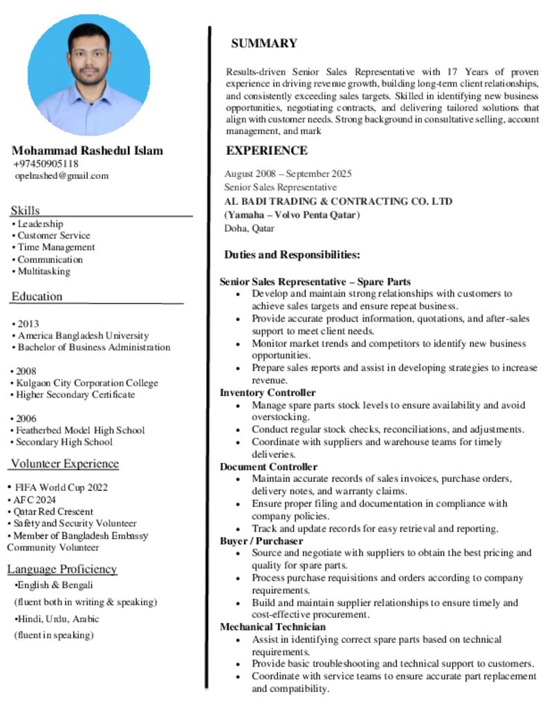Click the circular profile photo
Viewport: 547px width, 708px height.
(89, 75)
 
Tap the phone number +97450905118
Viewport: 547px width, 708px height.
(46, 164)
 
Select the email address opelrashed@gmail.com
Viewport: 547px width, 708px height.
(62, 176)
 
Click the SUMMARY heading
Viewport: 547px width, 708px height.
(263, 44)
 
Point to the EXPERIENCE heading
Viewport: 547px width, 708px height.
(267, 151)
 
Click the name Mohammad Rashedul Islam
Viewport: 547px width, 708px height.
(87, 151)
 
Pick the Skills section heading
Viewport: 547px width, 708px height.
(25, 210)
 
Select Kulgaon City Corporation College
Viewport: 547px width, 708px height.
(87, 383)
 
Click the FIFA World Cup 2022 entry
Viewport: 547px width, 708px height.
(62, 487)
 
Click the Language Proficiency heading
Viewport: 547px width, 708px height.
(62, 569)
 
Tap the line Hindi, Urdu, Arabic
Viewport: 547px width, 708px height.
(58, 619)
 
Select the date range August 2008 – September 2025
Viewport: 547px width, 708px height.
(288, 174)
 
